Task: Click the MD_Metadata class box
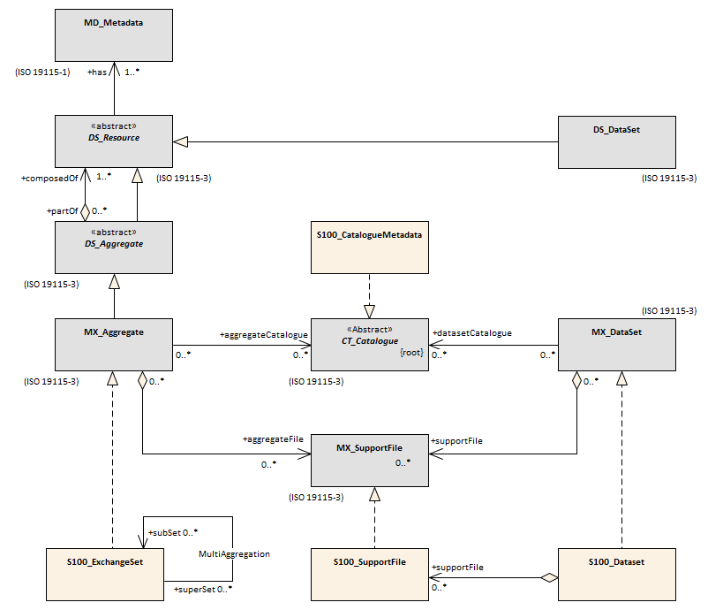pos(114,35)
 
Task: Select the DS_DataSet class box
pos(617,142)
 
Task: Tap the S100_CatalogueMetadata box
pos(370,248)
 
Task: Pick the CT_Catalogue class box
pos(370,345)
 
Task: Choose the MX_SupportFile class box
pos(370,461)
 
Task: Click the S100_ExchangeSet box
pos(105,575)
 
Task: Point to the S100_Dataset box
pos(617,575)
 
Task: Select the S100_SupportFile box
pos(370,575)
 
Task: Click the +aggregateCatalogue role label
pos(264,335)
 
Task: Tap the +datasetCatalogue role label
pos(471,333)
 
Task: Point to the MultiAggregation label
pos(234,554)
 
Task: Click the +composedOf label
pos(49,179)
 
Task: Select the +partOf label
pos(63,211)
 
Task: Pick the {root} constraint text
pos(411,352)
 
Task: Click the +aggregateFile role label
pos(273,439)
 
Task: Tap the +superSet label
pos(194,589)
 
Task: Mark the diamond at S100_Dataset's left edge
pos(549,577)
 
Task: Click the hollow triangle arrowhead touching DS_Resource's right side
pos(180,142)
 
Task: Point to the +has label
pos(97,72)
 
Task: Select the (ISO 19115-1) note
pos(43,72)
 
